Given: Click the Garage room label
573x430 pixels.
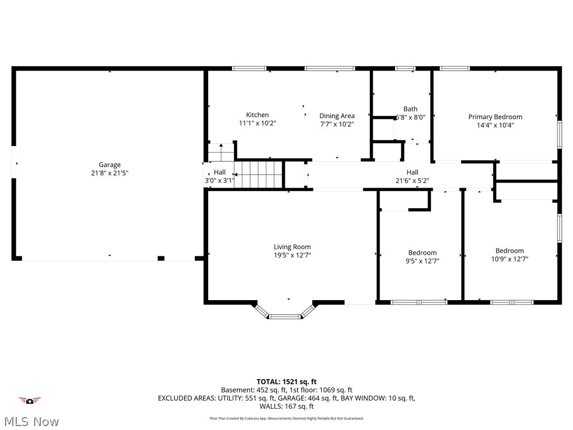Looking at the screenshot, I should [110, 165].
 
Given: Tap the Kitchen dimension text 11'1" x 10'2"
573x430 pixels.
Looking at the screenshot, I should [257, 124].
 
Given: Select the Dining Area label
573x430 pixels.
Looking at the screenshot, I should [337, 116].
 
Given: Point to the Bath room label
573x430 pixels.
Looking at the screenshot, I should [410, 109].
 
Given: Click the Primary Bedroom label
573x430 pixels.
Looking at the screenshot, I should [495, 117].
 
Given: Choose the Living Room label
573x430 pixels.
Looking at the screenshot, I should [292, 247].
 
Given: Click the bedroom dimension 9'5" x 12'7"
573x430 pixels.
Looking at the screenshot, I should [422, 261].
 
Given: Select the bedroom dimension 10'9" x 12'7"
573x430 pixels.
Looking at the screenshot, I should [509, 259].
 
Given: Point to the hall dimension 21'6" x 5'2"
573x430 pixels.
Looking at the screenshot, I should [412, 181].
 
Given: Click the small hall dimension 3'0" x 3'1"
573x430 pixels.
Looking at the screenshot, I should [219, 181].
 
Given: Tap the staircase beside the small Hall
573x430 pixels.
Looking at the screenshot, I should [259, 174].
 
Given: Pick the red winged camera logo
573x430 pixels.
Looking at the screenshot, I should [30, 400].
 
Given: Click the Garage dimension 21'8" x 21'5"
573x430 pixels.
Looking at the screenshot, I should [110, 173].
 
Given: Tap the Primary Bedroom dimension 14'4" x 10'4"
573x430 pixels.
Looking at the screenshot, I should [495, 125].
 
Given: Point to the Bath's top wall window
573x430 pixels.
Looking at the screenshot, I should [405, 68].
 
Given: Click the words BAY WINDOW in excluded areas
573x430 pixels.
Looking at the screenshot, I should [365, 399].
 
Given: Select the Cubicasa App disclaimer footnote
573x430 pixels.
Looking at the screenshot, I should [286, 418].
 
